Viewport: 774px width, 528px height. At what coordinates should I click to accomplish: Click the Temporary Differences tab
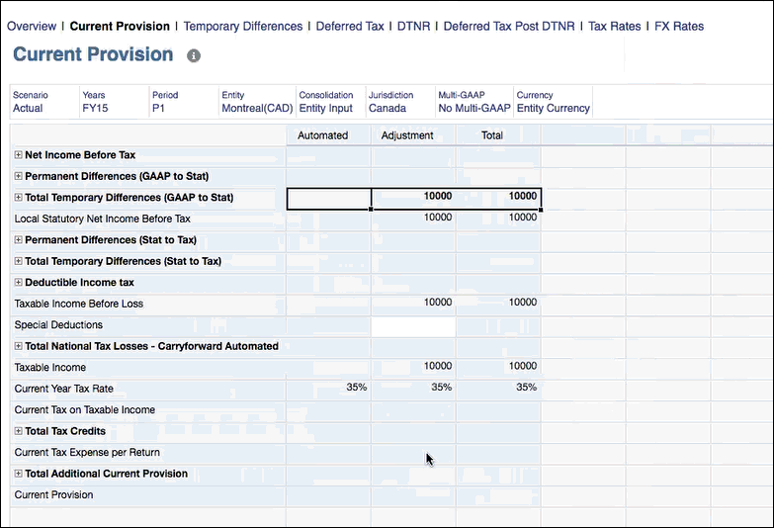(243, 26)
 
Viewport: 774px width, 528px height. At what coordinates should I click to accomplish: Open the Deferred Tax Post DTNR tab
(508, 26)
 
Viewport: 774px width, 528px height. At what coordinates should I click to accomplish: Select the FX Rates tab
(679, 26)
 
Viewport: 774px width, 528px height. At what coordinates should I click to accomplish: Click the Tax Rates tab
(614, 26)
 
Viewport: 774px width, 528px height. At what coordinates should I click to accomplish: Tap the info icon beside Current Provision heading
(194, 55)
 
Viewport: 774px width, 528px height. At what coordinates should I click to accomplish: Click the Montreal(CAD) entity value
(257, 108)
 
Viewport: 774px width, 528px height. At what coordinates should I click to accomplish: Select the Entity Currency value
(553, 108)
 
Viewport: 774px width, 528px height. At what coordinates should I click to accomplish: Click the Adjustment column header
(407, 135)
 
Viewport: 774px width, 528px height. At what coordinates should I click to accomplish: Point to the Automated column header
(322, 135)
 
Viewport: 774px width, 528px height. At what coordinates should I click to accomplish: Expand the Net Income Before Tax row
(19, 155)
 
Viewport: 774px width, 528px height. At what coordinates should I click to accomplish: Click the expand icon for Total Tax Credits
(19, 431)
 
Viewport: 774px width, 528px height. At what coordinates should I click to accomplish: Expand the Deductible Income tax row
(19, 283)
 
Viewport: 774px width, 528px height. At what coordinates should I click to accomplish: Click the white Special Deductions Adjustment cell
(413, 325)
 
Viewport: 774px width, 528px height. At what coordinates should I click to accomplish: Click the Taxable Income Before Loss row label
(79, 304)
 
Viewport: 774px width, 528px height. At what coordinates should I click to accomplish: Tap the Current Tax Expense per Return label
(87, 452)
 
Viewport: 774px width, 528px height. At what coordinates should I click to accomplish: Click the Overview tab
(31, 26)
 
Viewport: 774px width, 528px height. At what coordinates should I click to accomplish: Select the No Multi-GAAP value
(474, 108)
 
